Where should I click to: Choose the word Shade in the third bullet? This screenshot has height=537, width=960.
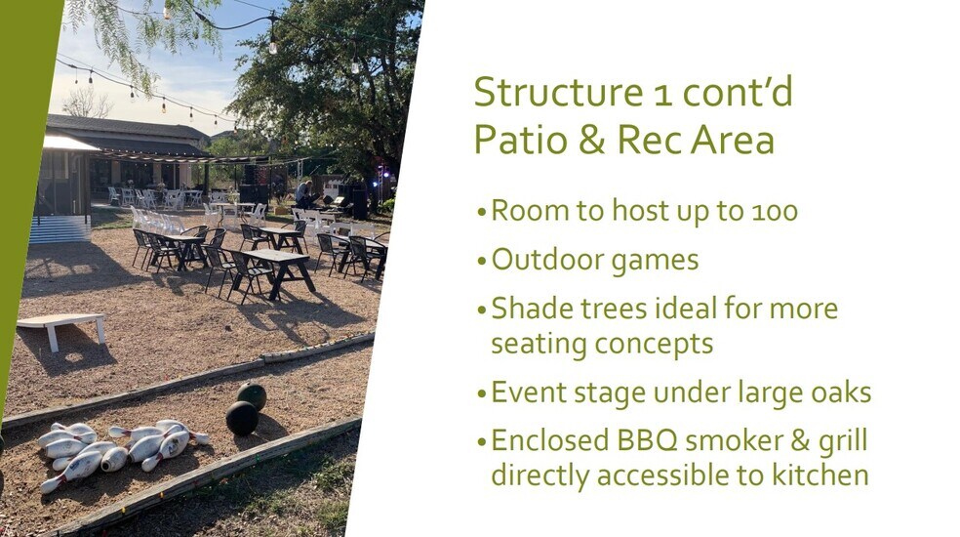tap(533, 308)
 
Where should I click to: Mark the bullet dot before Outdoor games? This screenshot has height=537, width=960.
tap(482, 262)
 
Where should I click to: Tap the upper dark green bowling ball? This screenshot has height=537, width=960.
tap(252, 395)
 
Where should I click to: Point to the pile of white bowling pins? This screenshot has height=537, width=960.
tap(120, 452)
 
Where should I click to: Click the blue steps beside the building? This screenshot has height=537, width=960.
tap(60, 229)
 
